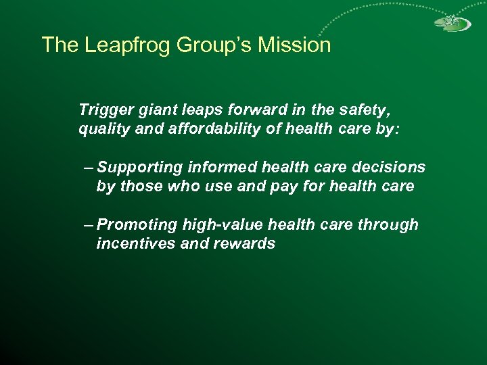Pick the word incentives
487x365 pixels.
(135, 243)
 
